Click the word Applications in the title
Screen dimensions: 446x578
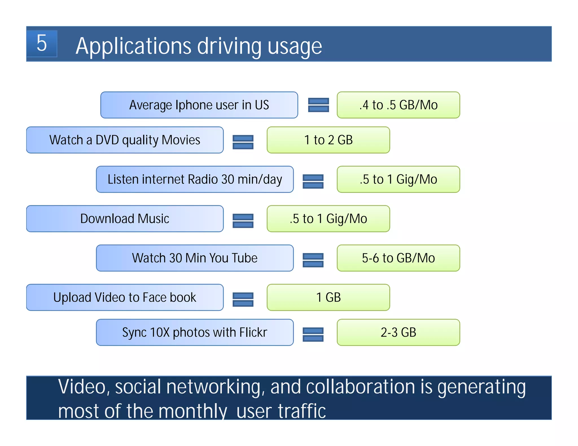[x=133, y=46]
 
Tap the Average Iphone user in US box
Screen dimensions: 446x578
[x=199, y=105]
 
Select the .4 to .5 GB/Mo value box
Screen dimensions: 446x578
[x=398, y=105]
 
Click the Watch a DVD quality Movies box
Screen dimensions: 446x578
[x=125, y=140]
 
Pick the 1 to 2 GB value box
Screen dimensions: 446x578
[x=328, y=140]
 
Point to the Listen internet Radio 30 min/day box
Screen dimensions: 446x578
[x=195, y=179]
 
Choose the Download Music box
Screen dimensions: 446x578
[x=125, y=218]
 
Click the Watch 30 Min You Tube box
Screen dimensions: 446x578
[x=195, y=258]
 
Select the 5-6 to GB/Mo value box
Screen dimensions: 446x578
[x=398, y=258]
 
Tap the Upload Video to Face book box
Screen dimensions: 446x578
[x=125, y=297]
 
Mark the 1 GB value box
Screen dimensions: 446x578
[x=328, y=297]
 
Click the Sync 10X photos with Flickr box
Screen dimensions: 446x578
[x=195, y=332]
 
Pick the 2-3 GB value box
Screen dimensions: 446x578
[x=398, y=332]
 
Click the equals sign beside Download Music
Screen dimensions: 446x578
[x=243, y=221]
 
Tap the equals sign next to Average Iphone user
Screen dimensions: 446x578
[x=318, y=105]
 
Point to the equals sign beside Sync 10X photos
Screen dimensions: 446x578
[x=313, y=334]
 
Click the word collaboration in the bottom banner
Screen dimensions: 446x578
[x=361, y=387]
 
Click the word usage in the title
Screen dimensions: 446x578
[x=295, y=46]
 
